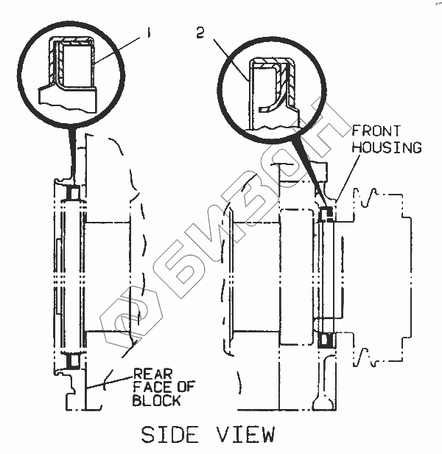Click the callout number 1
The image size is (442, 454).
coord(149,32)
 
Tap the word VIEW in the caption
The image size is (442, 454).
coord(245,435)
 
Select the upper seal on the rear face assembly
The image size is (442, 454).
coord(72,193)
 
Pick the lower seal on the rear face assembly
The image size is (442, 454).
coord(72,363)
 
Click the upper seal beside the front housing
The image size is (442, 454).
coord(327,214)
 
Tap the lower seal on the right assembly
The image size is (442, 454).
coord(326,341)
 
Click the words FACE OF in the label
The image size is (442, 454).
coord(158,388)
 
